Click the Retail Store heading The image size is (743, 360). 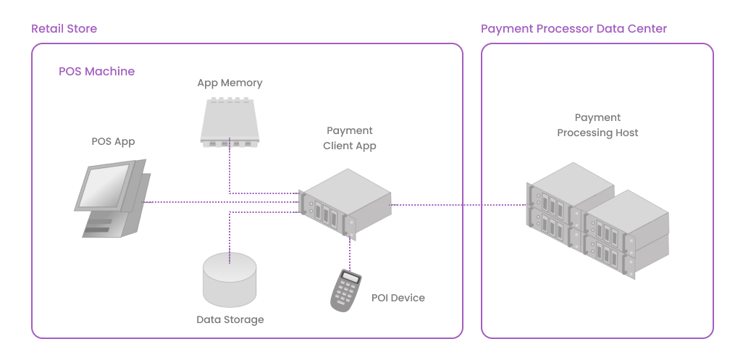(64, 29)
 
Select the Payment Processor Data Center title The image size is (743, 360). (574, 29)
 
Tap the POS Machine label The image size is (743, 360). (96, 72)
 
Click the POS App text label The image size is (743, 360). (113, 141)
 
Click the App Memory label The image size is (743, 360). (230, 83)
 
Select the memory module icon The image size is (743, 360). (230, 121)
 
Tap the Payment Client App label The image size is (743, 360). (350, 138)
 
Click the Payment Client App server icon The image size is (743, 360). (346, 202)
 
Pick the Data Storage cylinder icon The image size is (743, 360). (230, 279)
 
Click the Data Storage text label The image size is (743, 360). (230, 319)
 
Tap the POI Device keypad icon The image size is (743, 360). (346, 290)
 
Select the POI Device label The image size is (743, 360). (398, 298)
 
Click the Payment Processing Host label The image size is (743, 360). (597, 125)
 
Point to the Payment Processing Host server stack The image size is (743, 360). (597, 217)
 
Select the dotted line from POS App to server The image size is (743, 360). (217, 202)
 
